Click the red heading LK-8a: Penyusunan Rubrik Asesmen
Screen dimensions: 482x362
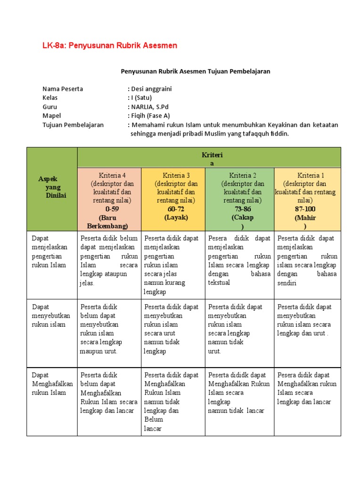[x=110, y=46]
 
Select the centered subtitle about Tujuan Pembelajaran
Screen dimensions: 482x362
[x=195, y=71]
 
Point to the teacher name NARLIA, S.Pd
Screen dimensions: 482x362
[x=149, y=107]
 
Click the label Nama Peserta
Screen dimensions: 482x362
[x=63, y=89]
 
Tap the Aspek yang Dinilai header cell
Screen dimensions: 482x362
[x=52, y=187]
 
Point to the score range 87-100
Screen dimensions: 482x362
[x=305, y=209]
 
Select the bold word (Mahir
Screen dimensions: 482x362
[x=305, y=218]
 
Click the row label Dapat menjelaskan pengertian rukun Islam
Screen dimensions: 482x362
[x=49, y=251]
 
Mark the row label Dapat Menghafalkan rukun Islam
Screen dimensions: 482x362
[x=52, y=384]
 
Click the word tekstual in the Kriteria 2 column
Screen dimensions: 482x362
[x=219, y=283]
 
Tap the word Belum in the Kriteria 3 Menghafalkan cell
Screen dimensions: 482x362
[x=154, y=419]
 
